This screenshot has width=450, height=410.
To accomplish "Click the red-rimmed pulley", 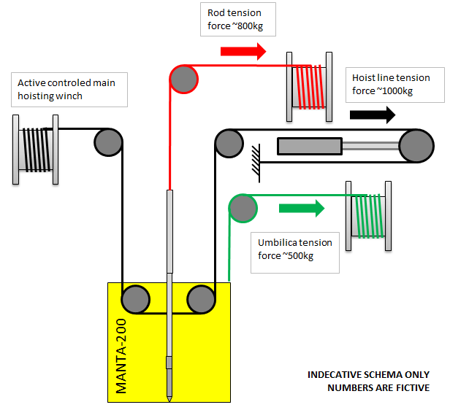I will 184,79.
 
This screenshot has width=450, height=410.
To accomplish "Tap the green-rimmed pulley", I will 243,208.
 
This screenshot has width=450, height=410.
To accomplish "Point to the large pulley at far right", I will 416,145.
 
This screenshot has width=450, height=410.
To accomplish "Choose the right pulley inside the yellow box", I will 201,300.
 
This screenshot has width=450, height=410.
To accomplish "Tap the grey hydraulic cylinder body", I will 308,146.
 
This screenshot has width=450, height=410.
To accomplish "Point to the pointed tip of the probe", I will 169,397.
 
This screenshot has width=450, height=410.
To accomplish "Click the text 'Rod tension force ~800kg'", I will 229,20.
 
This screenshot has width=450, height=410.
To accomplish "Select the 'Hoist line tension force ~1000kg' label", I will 391,85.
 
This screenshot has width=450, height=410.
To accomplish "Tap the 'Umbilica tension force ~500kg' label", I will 295,250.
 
